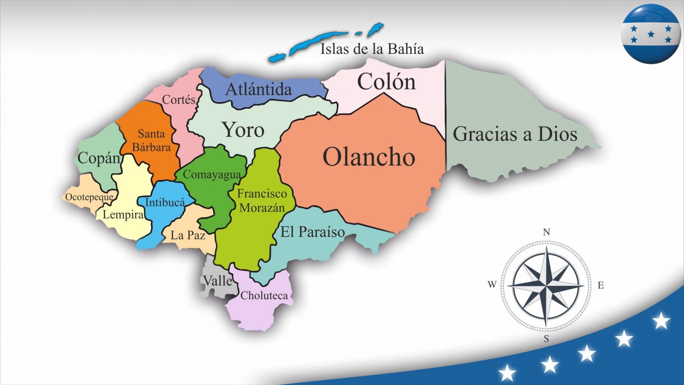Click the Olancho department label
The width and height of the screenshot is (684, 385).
pyautogui.click(x=369, y=157)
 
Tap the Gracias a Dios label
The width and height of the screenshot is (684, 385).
pyautogui.click(x=515, y=134)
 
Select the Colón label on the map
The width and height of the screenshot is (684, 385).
pyautogui.click(x=386, y=82)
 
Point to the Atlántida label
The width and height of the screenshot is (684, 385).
pyautogui.click(x=258, y=89)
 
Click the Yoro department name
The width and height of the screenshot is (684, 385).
pyautogui.click(x=243, y=130)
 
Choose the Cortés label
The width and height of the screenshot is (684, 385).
pyautogui.click(x=179, y=100)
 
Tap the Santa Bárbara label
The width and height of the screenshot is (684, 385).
pyautogui.click(x=151, y=140)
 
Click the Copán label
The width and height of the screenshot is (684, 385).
pyautogui.click(x=99, y=158)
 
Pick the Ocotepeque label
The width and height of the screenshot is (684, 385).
pyautogui.click(x=89, y=197)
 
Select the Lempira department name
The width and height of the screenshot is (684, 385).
pyautogui.click(x=123, y=215)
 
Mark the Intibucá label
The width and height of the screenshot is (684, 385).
pyautogui.click(x=165, y=203)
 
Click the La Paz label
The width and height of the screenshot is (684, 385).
pyautogui.click(x=187, y=235)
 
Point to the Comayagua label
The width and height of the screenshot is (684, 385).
pyautogui.click(x=212, y=174)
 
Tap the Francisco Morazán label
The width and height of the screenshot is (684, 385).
pyautogui.click(x=261, y=200)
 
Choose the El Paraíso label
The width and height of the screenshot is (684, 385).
pyautogui.click(x=312, y=232)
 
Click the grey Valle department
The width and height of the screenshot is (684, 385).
pyautogui.click(x=217, y=280)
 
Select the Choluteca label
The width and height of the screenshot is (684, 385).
pyautogui.click(x=264, y=295)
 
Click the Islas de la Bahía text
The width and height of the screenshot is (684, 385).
pyautogui.click(x=372, y=49)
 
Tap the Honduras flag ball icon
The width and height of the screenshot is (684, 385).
pyautogui.click(x=651, y=34)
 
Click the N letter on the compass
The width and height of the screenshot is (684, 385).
pyautogui.click(x=546, y=232)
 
